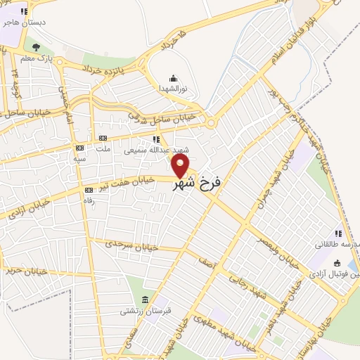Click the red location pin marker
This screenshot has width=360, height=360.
tap(181, 165)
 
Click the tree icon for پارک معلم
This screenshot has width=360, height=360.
tap(36, 46)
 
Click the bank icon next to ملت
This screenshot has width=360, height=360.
tap(103, 138)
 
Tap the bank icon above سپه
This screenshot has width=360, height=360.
tap(79, 148)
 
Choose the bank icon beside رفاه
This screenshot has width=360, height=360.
tap(89, 190)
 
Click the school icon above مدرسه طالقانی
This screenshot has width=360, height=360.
tap(339, 233)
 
